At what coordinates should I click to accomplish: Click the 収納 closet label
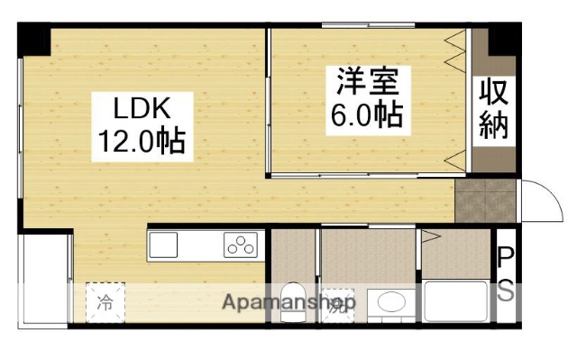[493, 108]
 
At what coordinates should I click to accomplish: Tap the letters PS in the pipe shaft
[507, 275]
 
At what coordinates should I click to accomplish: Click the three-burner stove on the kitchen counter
[241, 244]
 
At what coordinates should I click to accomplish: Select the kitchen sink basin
[165, 244]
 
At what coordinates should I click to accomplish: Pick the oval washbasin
[391, 302]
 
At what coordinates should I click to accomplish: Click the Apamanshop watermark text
[288, 302]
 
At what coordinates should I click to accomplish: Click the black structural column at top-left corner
[33, 37]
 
